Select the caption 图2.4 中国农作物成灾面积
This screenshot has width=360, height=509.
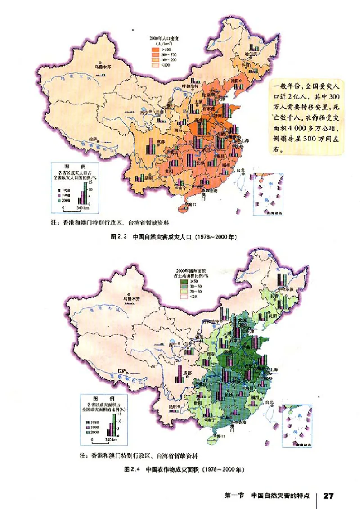pos(184,468)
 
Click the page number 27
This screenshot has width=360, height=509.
pos(328,495)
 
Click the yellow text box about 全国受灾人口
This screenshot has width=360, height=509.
pos(307,117)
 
